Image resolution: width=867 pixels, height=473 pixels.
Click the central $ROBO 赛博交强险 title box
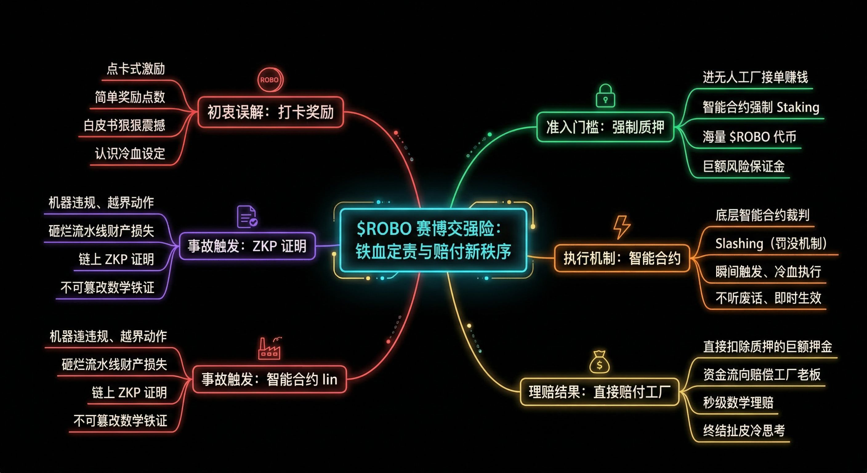(x=433, y=240)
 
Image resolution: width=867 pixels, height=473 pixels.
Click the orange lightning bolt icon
(x=622, y=227)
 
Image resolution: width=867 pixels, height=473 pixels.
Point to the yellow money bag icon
(x=599, y=362)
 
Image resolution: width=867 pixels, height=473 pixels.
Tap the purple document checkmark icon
(x=247, y=217)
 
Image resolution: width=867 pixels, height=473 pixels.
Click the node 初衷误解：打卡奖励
(x=270, y=112)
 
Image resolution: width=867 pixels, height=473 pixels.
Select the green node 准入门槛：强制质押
(x=605, y=127)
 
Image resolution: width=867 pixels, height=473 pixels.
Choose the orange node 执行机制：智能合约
(x=622, y=258)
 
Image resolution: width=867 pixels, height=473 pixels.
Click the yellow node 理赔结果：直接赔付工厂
(x=599, y=392)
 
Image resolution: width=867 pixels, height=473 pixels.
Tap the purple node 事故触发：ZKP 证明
(x=247, y=246)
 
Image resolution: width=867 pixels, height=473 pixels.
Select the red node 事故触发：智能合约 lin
(x=269, y=379)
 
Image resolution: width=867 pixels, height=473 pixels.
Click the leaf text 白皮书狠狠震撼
(x=124, y=125)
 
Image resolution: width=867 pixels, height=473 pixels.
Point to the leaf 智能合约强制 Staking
(x=761, y=107)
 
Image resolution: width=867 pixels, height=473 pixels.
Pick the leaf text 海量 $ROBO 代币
(x=749, y=137)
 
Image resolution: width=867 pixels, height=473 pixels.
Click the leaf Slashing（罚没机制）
(x=771, y=243)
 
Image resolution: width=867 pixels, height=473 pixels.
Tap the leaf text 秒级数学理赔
(x=738, y=402)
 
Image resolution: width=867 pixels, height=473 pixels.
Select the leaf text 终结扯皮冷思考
(x=744, y=430)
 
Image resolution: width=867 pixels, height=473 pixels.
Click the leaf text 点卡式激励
(x=136, y=69)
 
